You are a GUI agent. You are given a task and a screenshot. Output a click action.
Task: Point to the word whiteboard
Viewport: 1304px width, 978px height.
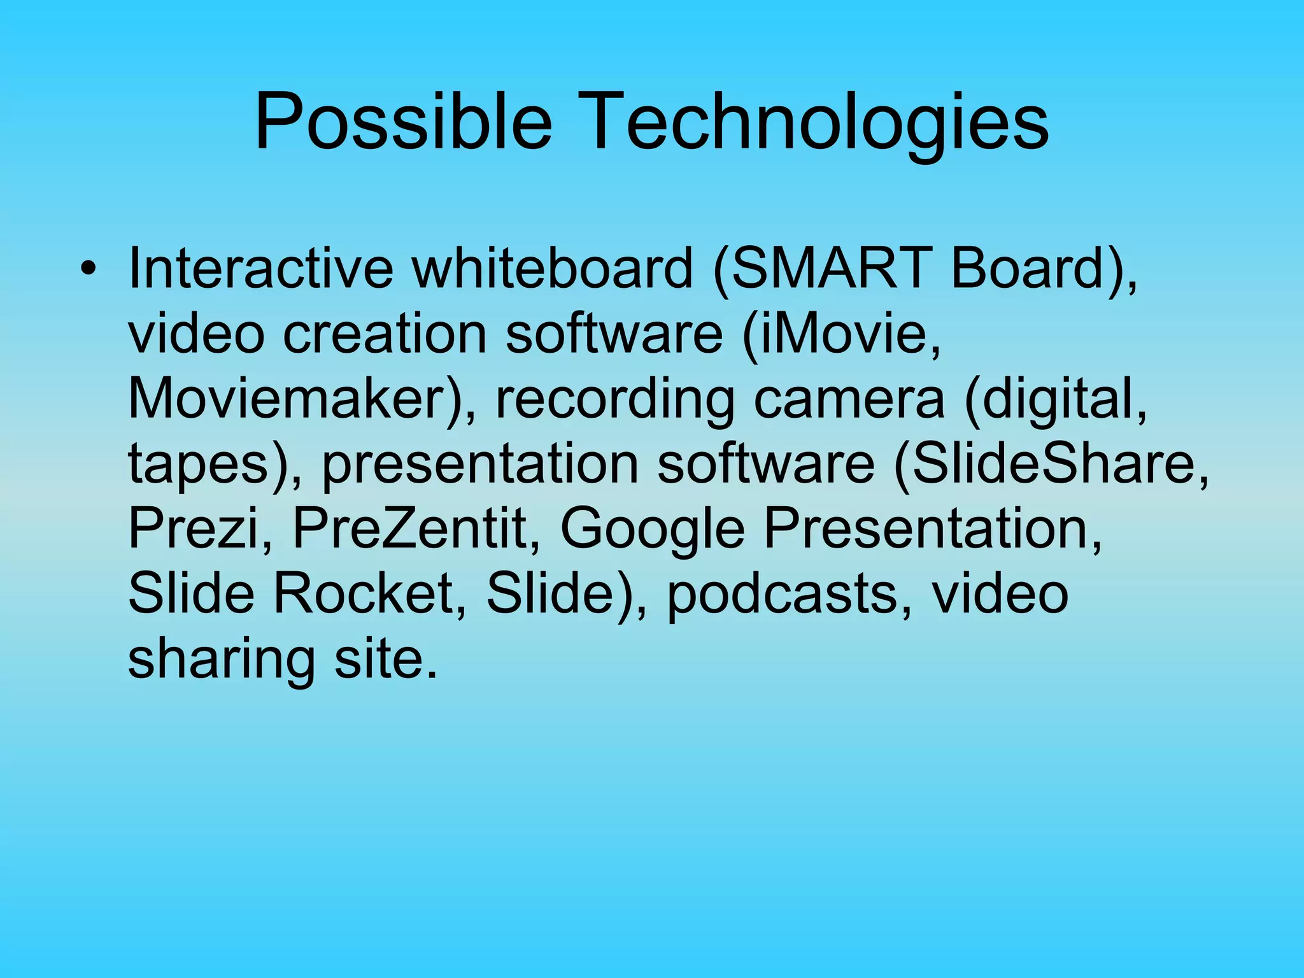552,269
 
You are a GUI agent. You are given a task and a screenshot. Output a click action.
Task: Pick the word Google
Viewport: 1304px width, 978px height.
652,530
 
